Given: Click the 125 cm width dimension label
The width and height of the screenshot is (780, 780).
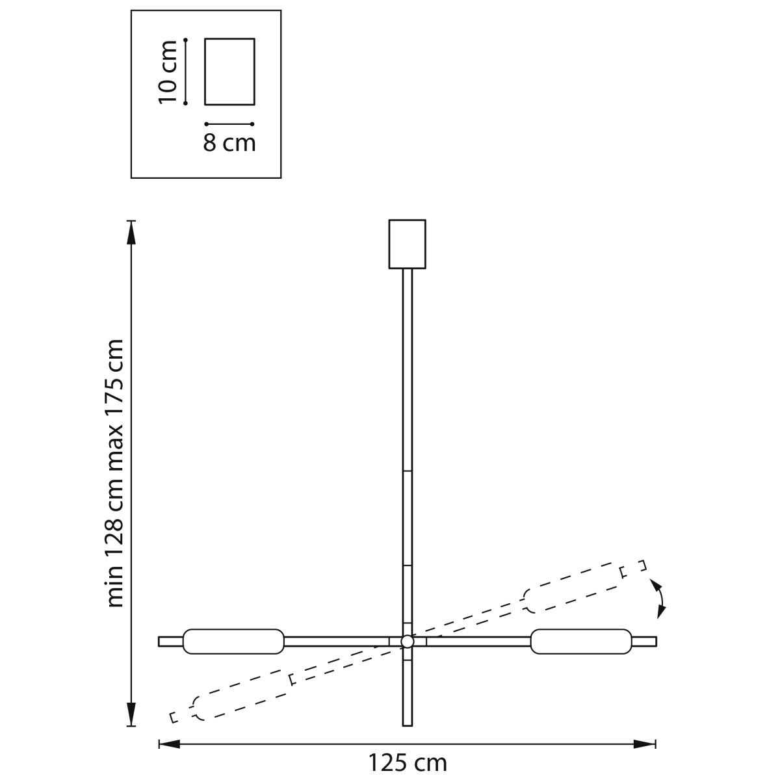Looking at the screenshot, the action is click(x=407, y=763).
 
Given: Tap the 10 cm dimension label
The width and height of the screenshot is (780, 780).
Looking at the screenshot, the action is click(x=168, y=72).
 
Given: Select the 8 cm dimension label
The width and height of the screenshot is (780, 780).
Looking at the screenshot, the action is click(x=229, y=142).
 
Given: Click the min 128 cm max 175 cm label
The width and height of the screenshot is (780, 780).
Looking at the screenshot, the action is click(x=114, y=473).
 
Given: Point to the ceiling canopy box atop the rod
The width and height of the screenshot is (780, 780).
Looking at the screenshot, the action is click(x=407, y=244).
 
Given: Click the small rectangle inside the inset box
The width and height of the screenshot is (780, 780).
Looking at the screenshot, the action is click(x=229, y=71).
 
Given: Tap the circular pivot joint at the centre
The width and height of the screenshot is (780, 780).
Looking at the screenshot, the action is click(x=407, y=642).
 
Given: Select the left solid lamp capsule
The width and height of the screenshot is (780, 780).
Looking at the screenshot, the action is click(x=233, y=642).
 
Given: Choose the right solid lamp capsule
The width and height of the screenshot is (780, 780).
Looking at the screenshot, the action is click(x=581, y=642).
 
